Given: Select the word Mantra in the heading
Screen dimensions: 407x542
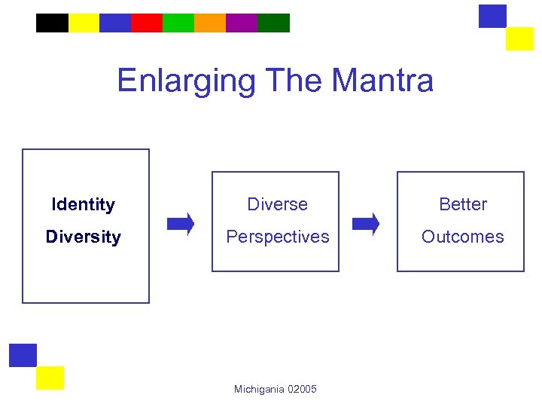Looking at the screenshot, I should [382, 80].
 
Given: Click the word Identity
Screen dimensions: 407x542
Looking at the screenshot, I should [83, 204].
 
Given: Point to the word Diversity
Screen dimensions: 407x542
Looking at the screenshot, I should [83, 237].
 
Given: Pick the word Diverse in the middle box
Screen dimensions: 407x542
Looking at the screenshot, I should [277, 204].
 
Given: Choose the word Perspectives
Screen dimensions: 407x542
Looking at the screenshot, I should [278, 237].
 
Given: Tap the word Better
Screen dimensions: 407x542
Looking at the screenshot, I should [463, 204].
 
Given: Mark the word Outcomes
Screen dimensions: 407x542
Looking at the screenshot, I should [462, 237].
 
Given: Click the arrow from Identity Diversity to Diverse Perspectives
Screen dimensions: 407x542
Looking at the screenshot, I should [181, 224].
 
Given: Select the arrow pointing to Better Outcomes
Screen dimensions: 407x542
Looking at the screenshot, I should [366, 224].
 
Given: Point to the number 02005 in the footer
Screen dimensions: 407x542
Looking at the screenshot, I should [303, 389].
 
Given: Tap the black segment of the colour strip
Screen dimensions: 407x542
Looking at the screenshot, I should [52, 23].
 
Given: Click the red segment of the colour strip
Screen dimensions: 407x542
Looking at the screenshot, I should [147, 23].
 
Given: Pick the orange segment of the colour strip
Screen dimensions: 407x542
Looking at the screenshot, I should [210, 23].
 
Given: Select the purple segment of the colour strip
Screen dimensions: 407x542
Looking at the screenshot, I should [242, 23].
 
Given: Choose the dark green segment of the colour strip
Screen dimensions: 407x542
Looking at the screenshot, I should [273, 23].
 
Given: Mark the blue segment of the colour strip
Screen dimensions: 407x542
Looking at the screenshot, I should [115, 23].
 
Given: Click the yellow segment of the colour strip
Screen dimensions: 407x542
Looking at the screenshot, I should [84, 23].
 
